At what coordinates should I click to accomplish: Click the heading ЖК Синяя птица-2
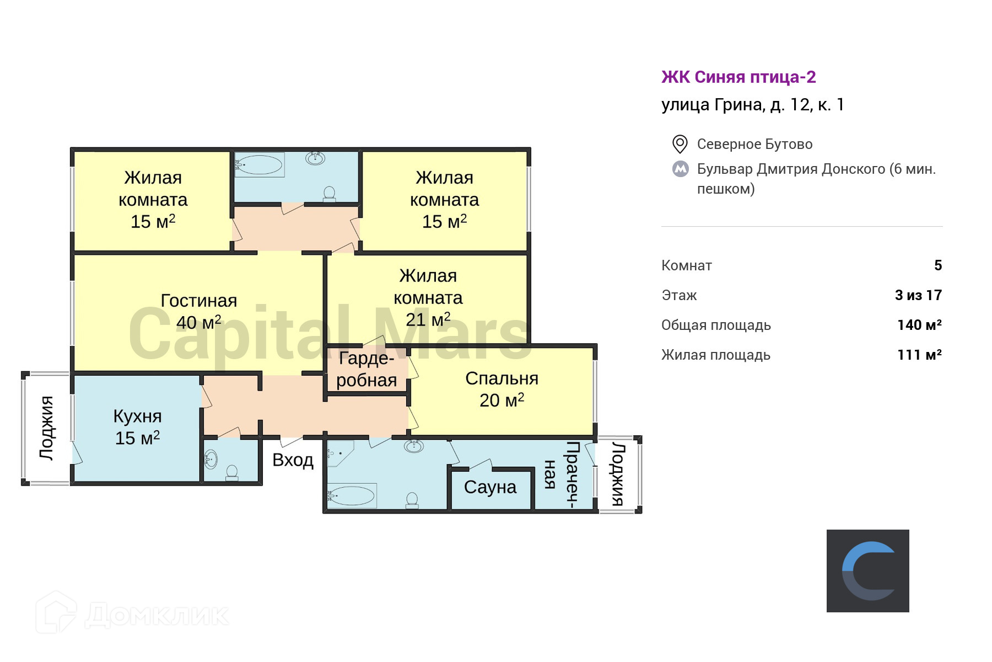coord(738,77)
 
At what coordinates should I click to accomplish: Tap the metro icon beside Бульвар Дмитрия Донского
coord(681,169)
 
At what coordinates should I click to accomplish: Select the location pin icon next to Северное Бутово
coord(680,144)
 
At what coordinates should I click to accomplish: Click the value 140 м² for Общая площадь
coord(919,325)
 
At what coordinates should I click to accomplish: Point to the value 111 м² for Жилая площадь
coord(919,355)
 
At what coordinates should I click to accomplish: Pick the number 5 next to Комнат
coord(938,265)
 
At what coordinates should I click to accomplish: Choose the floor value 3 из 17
coord(918,295)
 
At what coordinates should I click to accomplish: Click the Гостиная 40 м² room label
coord(199,312)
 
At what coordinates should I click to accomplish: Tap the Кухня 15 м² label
coord(137,427)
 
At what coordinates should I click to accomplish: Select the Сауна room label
coord(490,487)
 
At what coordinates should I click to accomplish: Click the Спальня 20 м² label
coord(502,389)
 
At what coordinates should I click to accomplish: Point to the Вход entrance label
coord(293,460)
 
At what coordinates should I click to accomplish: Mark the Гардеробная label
coord(366,369)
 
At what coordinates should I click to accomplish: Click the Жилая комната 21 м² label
coord(428,297)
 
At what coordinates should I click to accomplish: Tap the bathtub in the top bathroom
coord(259,164)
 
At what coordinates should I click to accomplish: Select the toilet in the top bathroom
coord(329,194)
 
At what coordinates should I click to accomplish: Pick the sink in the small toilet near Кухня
coord(211,458)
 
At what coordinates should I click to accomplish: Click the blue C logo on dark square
coord(867,571)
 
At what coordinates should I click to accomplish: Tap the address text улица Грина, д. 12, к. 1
coord(753,105)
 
